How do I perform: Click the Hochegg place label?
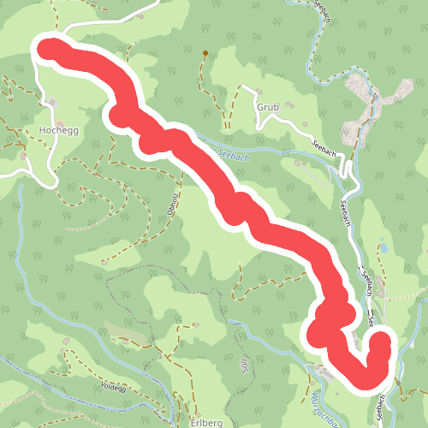pos(57,132)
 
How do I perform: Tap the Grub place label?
pos(268,108)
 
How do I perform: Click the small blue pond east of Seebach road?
pos(384,247)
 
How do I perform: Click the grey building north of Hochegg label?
pos(53,104)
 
